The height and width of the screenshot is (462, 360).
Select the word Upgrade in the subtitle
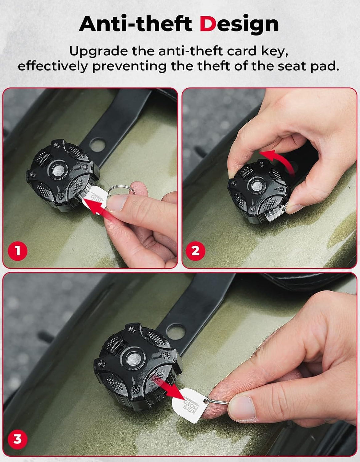(98, 52)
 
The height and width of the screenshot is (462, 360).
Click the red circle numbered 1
(18, 250)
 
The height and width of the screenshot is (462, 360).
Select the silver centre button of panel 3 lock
(133, 359)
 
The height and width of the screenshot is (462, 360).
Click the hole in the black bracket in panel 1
(97, 145)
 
